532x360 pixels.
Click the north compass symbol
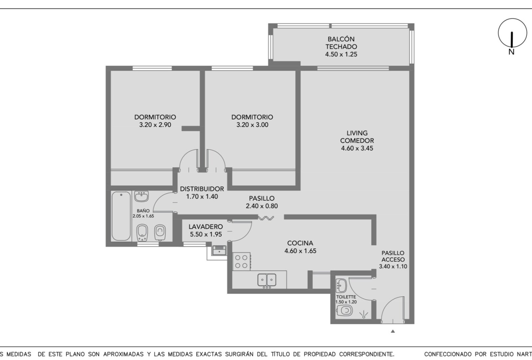click(512, 33)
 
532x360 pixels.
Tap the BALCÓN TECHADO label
click(341, 43)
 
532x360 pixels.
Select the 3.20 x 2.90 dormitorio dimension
click(155, 125)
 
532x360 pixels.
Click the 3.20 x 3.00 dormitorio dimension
click(252, 125)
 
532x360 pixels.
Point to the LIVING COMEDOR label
click(357, 137)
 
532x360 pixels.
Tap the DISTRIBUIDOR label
click(202, 189)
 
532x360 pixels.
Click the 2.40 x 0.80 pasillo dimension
click(262, 206)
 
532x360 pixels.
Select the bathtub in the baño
click(121, 216)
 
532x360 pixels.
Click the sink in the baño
click(141, 196)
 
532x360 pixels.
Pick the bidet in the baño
click(142, 232)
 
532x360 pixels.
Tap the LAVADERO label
click(206, 227)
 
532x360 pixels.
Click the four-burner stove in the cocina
click(241, 262)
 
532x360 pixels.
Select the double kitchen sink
click(267, 280)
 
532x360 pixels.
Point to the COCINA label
click(300, 243)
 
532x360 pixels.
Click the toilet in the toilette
click(344, 310)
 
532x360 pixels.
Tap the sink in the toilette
click(341, 286)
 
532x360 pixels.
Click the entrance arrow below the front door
click(393, 331)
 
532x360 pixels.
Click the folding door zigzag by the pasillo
click(266, 218)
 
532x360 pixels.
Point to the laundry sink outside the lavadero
click(219, 251)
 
